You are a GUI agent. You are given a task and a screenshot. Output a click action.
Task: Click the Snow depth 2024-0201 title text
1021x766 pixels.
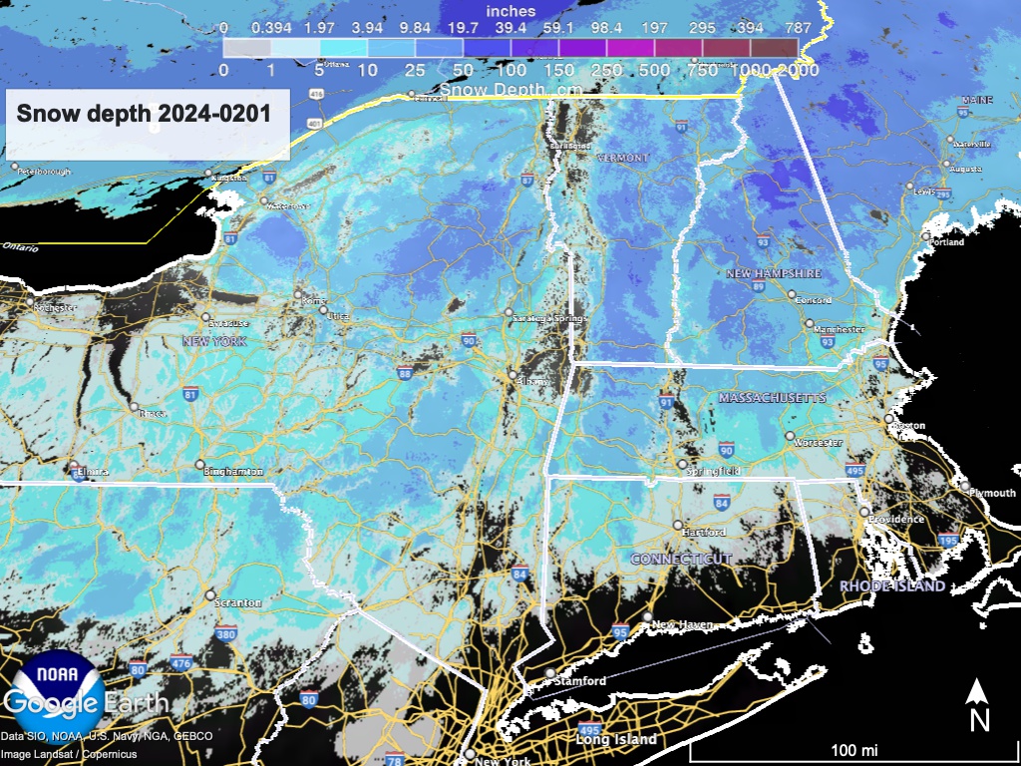click(x=144, y=113)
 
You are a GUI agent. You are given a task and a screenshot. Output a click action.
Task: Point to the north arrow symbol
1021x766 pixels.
click(x=979, y=704)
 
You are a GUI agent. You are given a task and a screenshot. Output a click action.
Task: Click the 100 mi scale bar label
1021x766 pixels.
click(x=854, y=749)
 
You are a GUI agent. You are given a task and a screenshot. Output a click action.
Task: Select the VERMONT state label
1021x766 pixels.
click(x=622, y=158)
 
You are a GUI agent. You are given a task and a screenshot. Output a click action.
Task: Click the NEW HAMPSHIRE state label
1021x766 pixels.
click(x=773, y=272)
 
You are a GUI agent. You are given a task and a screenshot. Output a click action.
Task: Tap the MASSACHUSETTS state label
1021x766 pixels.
click(x=772, y=398)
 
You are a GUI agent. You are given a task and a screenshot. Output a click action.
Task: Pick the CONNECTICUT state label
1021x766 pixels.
click(x=681, y=559)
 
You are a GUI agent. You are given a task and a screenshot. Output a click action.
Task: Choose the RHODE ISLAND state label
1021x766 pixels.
click(x=891, y=585)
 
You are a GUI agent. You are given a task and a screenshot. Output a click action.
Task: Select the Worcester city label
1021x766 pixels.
click(x=819, y=442)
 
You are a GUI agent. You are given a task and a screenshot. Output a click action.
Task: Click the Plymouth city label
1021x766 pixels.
click(x=992, y=493)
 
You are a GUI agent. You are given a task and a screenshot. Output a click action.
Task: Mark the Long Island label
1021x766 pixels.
click(x=616, y=739)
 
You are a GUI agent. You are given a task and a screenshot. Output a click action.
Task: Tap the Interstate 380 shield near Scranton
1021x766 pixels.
click(x=226, y=633)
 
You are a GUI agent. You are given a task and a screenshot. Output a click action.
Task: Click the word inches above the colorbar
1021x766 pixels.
click(x=510, y=11)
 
